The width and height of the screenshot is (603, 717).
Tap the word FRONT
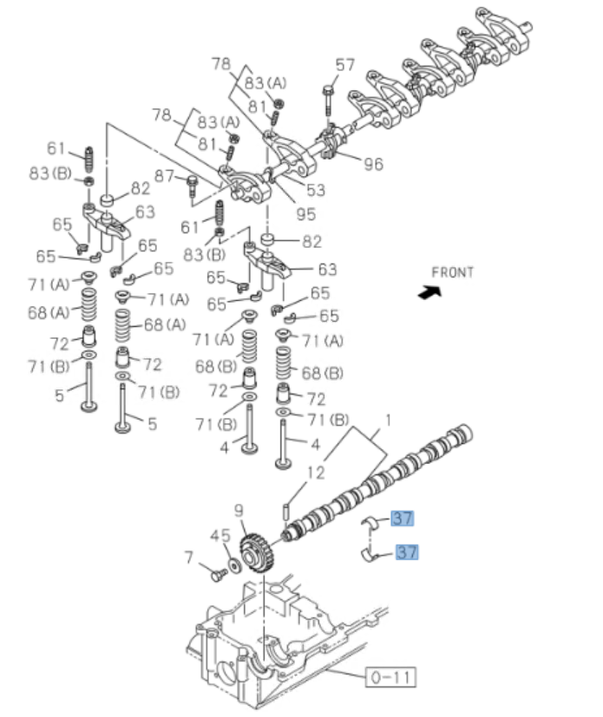[x=453, y=272]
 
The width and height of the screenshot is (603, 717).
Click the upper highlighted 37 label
[x=403, y=518]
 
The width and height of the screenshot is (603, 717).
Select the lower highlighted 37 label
[x=407, y=551]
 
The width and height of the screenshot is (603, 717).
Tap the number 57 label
[x=345, y=65]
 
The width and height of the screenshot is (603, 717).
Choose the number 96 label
[x=372, y=163]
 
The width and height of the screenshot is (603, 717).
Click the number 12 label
[x=316, y=473]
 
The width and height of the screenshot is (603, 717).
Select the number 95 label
[x=305, y=214]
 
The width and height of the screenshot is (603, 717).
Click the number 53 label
[x=315, y=190]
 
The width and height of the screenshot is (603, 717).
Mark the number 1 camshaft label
[x=388, y=420]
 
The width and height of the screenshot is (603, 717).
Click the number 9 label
[x=239, y=511]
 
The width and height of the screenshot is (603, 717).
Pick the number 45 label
[x=220, y=536]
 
